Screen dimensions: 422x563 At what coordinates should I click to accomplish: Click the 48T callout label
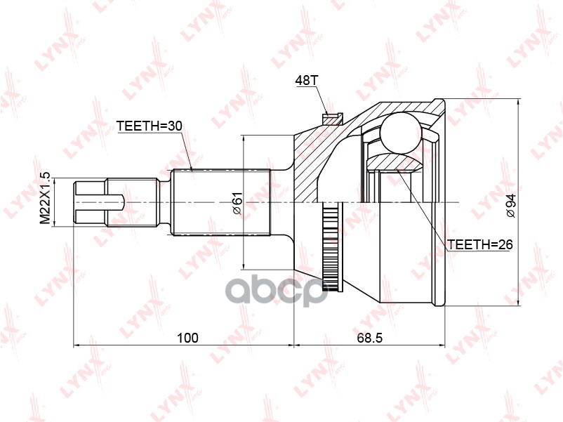pyautogui.click(x=307, y=81)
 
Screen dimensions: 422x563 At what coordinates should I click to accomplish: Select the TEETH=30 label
pyautogui.click(x=149, y=126)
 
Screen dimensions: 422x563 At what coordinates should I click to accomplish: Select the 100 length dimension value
pyautogui.click(x=188, y=338)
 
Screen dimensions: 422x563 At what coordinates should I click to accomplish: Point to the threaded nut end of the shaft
pyautogui.click(x=90, y=202)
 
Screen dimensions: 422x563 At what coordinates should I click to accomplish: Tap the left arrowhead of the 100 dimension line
pyautogui.click(x=77, y=345)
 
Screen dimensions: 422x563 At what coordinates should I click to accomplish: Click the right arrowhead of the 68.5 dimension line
pyautogui.click(x=442, y=345)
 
